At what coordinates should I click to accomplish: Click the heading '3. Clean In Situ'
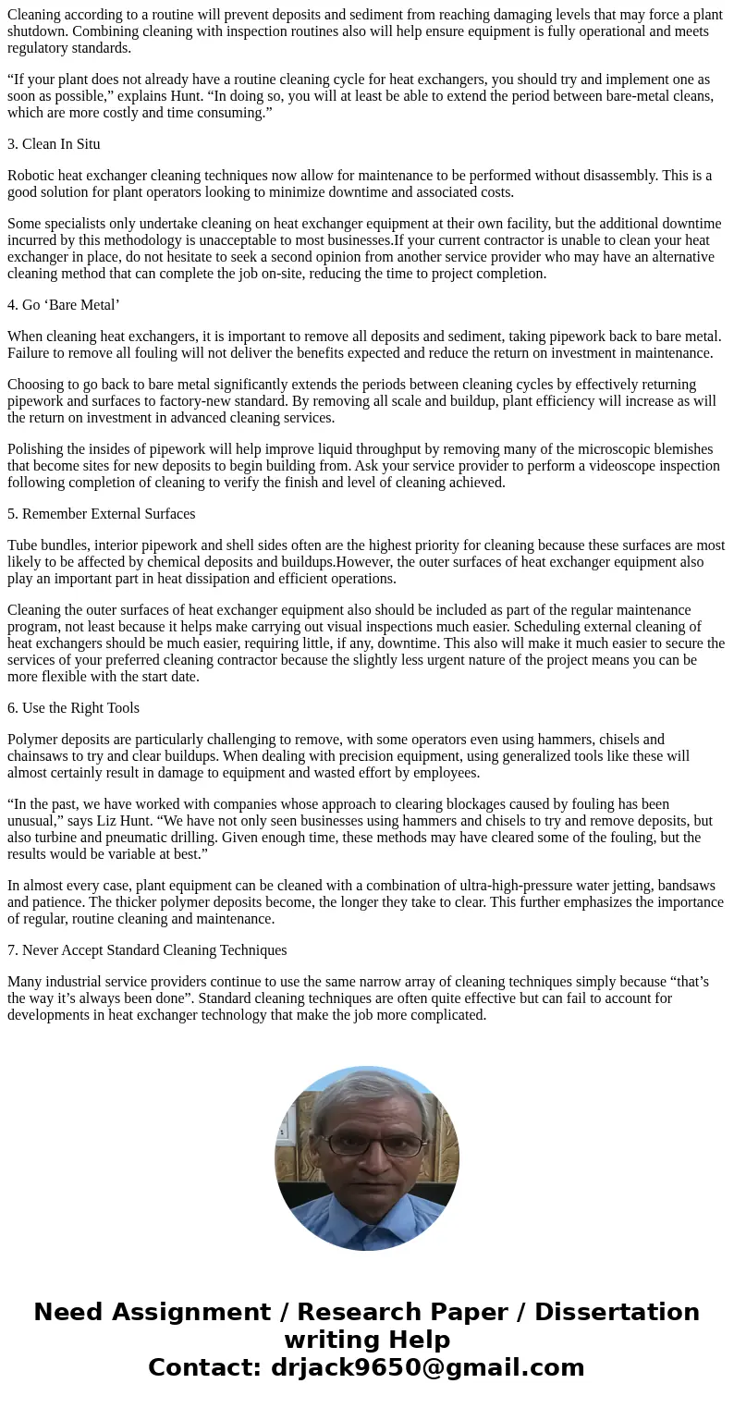54,144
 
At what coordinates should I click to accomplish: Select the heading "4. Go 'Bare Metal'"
64,305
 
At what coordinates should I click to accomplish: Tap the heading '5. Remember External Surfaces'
101,514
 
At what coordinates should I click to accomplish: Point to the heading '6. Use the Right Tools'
73,708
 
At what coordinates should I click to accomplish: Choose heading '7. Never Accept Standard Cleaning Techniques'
147,950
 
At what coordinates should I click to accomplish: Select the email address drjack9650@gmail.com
428,1367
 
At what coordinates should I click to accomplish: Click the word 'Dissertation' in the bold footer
617,1312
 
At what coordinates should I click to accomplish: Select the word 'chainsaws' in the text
38,756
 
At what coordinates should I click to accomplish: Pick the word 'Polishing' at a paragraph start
37,449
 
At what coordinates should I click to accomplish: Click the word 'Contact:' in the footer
205,1367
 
